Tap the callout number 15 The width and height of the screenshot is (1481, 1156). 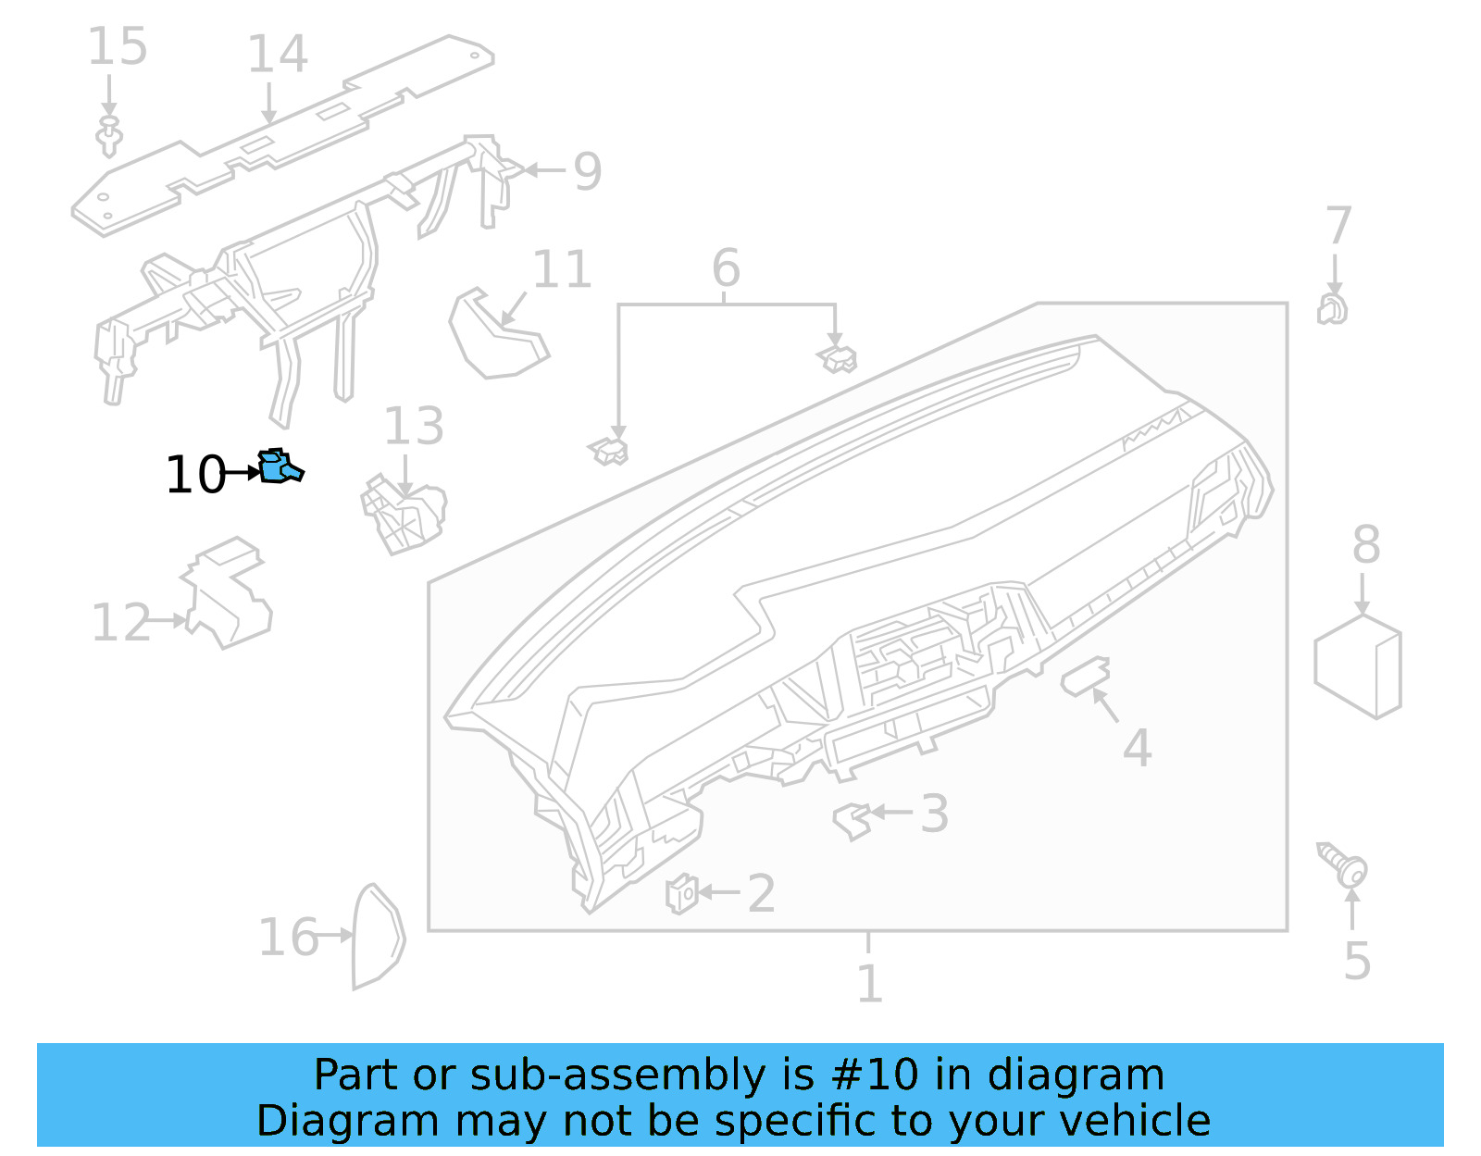(118, 46)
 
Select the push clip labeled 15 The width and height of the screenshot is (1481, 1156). (109, 136)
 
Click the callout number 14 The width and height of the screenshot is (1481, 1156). (277, 55)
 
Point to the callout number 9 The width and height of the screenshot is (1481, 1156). (587, 171)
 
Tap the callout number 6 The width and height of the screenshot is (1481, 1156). (726, 268)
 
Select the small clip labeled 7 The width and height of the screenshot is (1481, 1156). (1332, 309)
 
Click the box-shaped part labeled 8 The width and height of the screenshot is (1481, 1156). (1358, 665)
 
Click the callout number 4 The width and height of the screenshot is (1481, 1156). (1137, 748)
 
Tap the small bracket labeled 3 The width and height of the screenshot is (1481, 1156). (852, 819)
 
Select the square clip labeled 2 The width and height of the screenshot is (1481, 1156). (681, 893)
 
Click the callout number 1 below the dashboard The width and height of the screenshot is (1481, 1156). (868, 983)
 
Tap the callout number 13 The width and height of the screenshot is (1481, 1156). (413, 427)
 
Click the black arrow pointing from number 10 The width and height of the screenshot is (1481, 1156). (243, 473)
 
